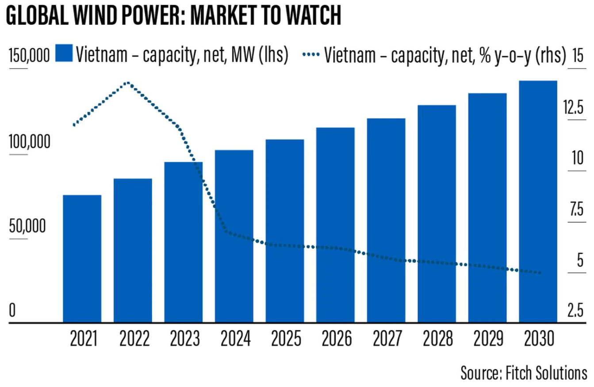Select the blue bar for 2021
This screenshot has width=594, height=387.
click(82, 259)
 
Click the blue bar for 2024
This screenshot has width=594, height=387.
click(234, 236)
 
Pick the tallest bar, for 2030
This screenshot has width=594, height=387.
click(538, 202)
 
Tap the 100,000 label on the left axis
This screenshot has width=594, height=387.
click(29, 142)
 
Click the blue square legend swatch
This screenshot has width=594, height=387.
click(64, 55)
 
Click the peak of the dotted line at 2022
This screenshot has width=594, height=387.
click(128, 83)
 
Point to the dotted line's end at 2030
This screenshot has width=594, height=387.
click(540, 273)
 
